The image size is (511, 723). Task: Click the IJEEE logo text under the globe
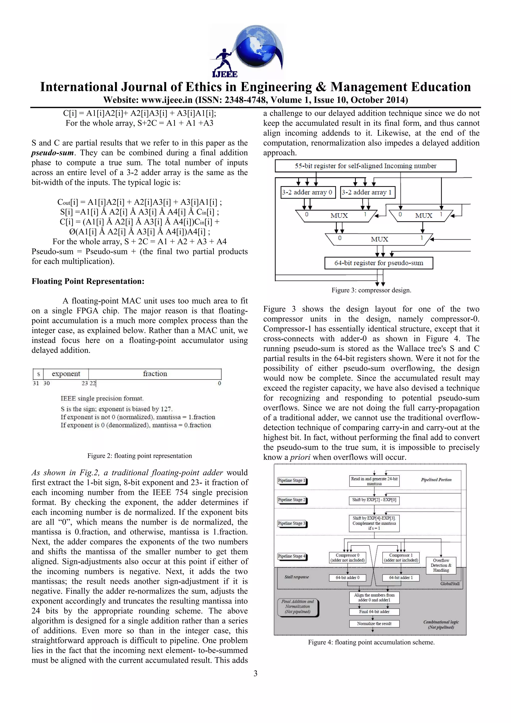click(225, 74)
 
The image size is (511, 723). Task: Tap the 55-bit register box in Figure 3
click(365, 166)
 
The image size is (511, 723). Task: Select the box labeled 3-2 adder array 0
click(307, 192)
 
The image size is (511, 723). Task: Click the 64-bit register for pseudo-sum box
click(379, 263)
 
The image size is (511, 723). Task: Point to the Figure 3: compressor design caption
click(371, 290)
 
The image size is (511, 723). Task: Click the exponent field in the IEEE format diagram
click(66, 374)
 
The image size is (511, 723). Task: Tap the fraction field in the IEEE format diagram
click(155, 374)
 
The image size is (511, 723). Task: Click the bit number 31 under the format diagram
click(36, 383)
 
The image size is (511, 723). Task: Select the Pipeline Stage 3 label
click(291, 523)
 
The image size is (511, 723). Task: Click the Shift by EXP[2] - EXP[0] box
click(374, 500)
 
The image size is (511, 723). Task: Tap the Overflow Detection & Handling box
click(441, 565)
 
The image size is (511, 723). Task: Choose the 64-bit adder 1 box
click(400, 578)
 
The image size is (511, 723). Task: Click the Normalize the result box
click(374, 623)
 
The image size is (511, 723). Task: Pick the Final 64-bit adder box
click(374, 611)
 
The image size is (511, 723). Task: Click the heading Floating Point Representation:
click(88, 281)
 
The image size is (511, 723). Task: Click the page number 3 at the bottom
click(255, 673)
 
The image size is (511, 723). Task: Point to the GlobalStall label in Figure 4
click(450, 584)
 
